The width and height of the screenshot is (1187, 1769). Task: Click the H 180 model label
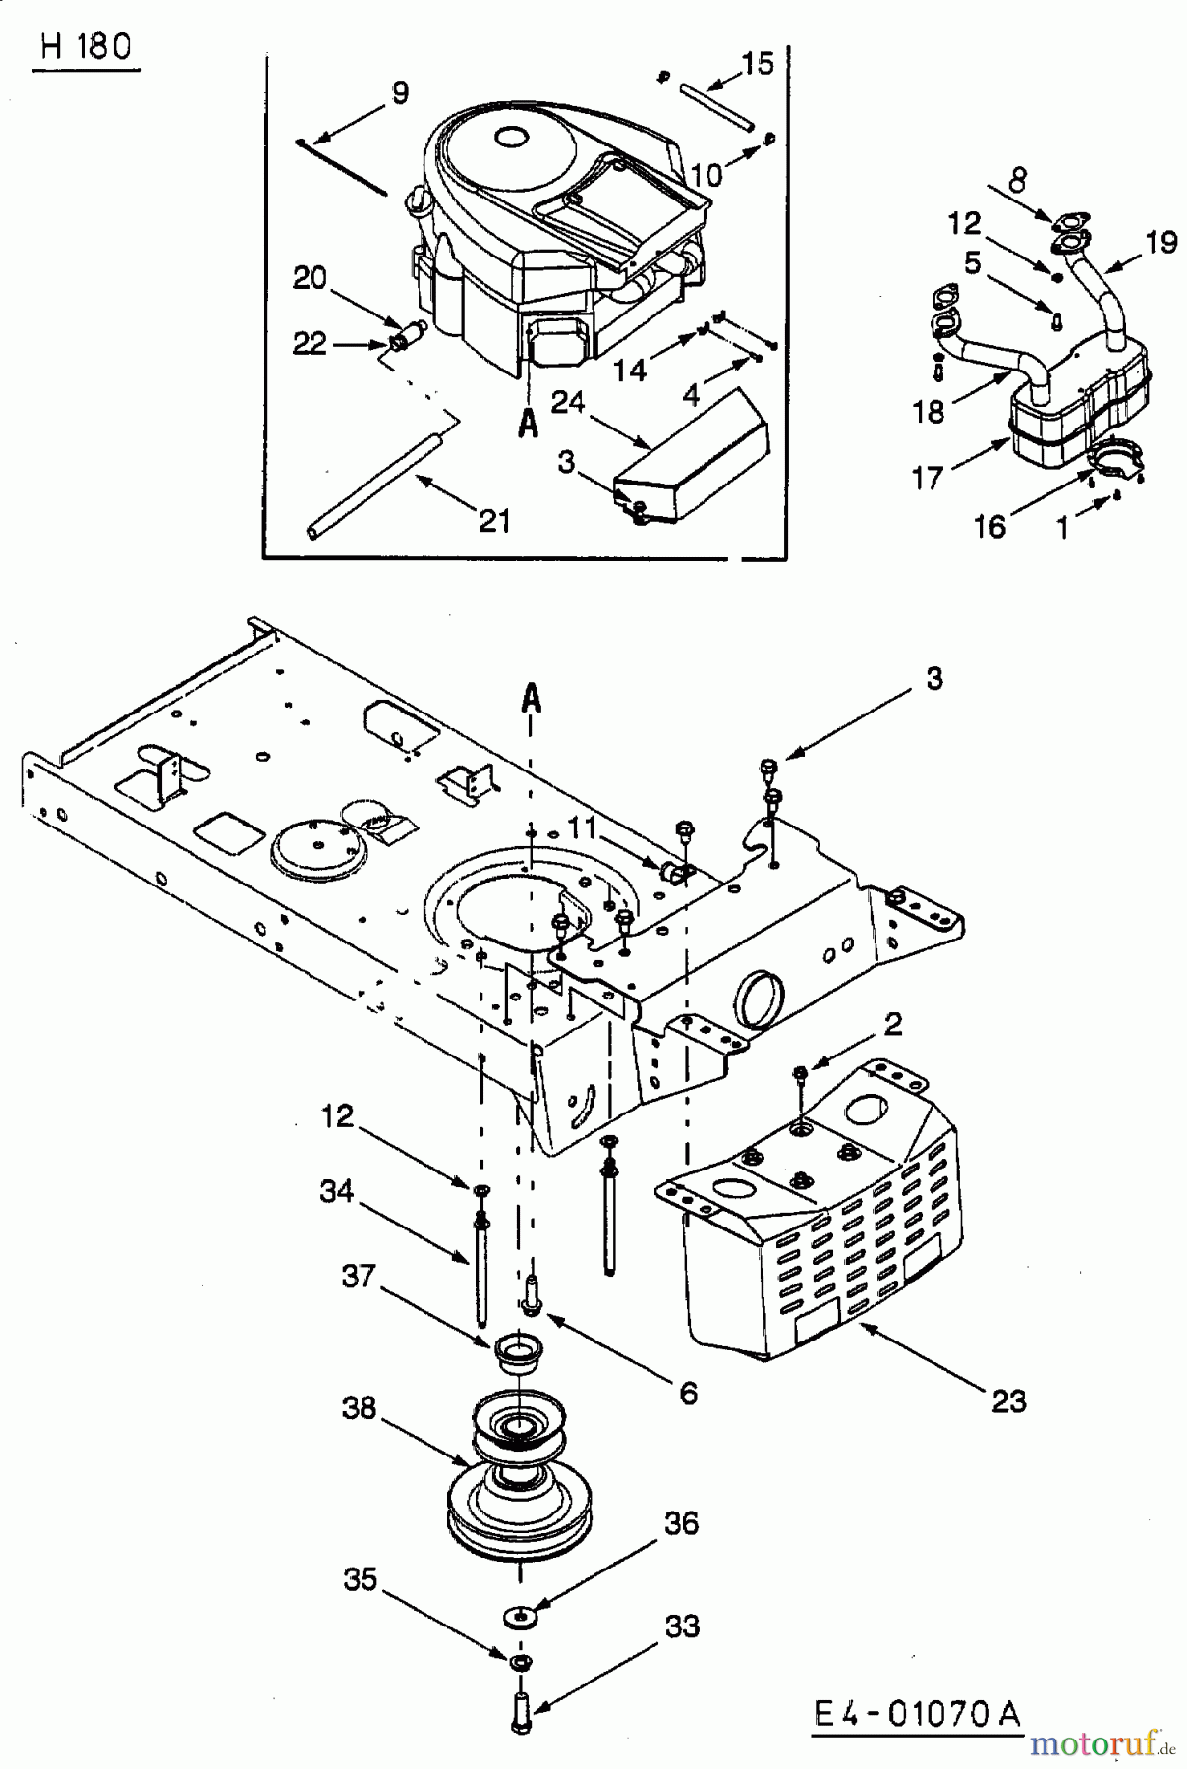pyautogui.click(x=86, y=47)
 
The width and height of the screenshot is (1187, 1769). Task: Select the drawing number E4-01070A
pyautogui.click(x=917, y=1714)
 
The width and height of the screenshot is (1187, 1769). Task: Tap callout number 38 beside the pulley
pyautogui.click(x=359, y=1407)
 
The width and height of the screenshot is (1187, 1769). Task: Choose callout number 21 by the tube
pyautogui.click(x=494, y=520)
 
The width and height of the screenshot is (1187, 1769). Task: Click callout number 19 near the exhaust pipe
pyautogui.click(x=1161, y=243)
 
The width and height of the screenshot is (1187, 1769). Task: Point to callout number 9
pyautogui.click(x=399, y=93)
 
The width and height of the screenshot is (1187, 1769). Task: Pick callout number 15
pyautogui.click(x=758, y=64)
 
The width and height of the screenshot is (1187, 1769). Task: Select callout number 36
pyautogui.click(x=681, y=1523)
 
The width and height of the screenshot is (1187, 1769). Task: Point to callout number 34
pyautogui.click(x=336, y=1191)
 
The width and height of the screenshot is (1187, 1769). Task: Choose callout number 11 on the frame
pyautogui.click(x=582, y=828)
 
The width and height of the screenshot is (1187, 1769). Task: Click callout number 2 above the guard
pyautogui.click(x=891, y=1024)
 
